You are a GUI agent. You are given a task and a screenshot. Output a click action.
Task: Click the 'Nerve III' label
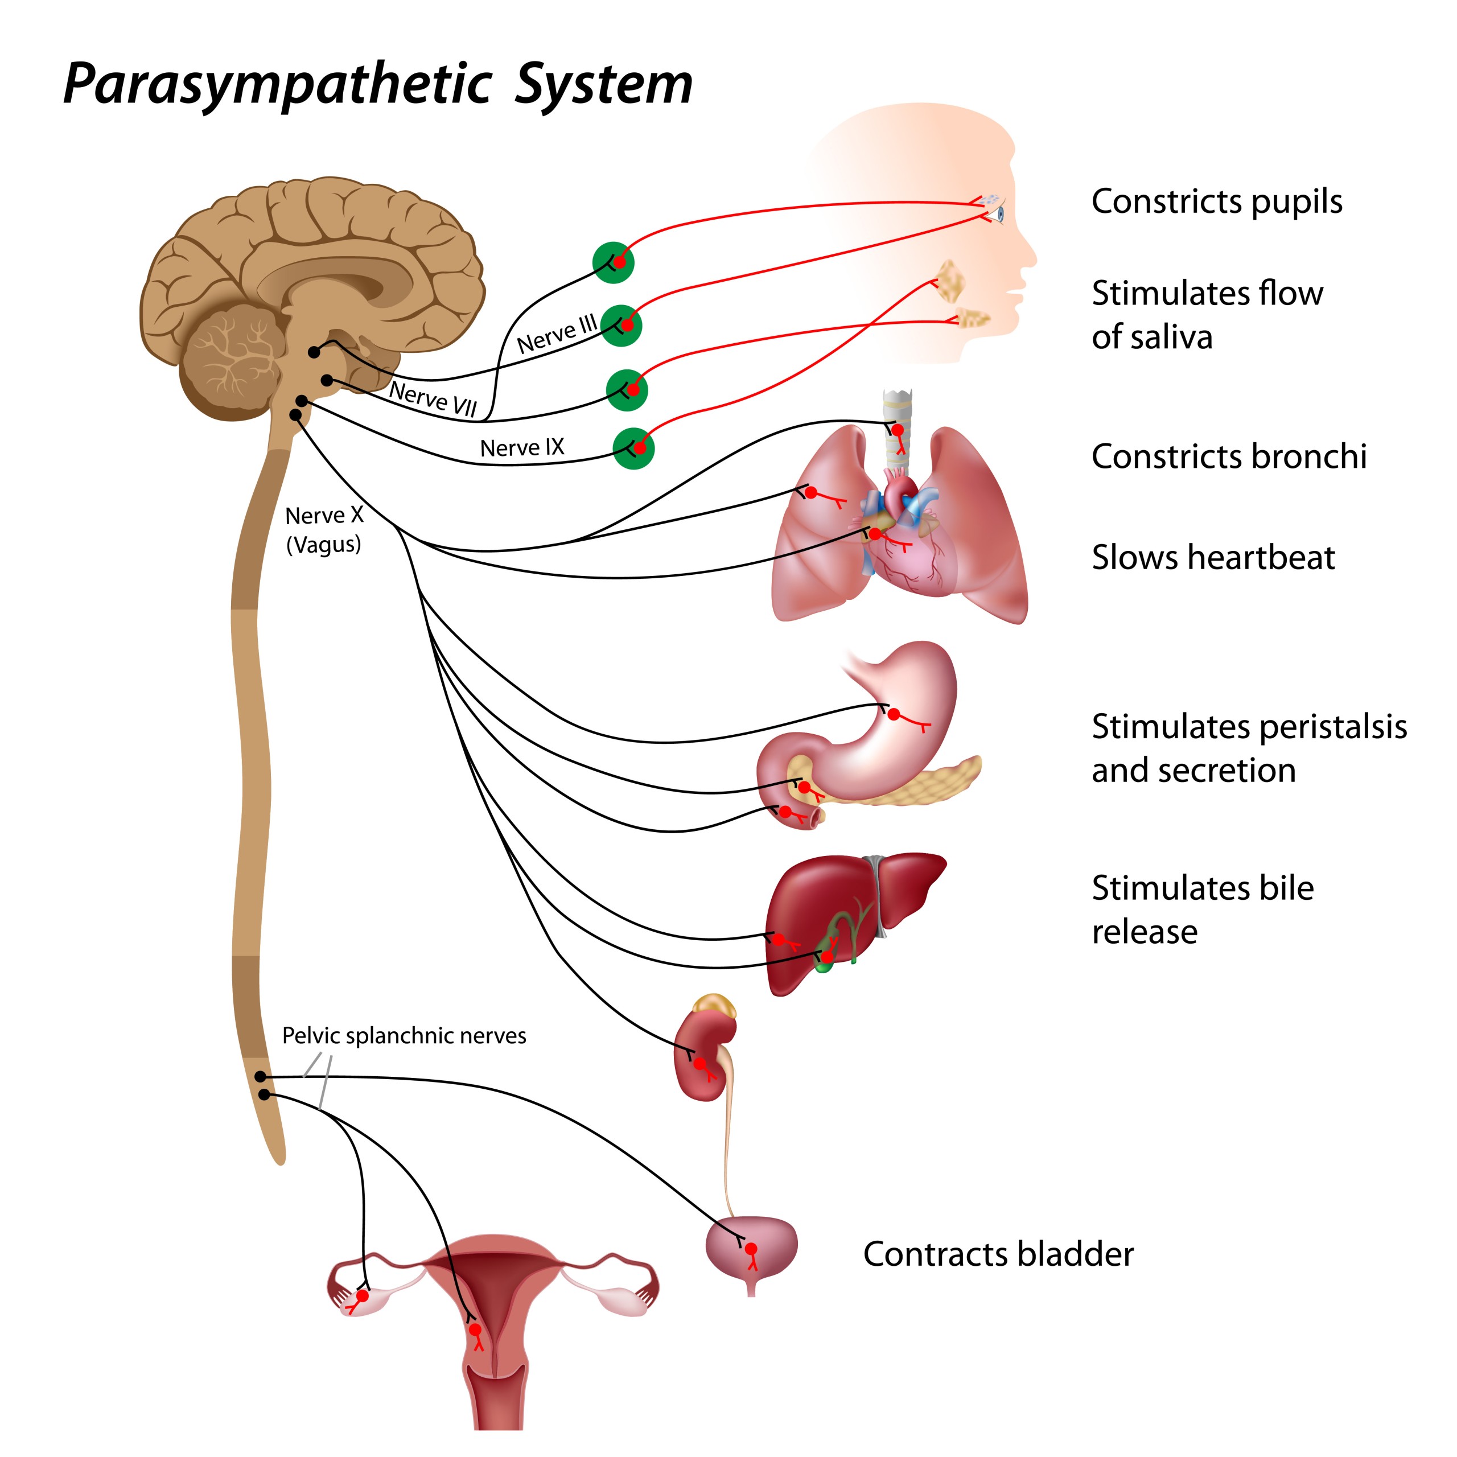pos(557,334)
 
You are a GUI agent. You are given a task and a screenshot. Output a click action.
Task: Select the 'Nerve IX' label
pos(522,448)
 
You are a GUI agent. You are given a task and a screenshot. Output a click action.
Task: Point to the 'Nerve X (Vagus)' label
pos(324,529)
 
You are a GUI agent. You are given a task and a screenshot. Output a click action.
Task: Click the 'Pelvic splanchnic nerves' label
pos(404,1035)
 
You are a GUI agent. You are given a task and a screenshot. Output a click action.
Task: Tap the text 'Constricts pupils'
pos(1216,201)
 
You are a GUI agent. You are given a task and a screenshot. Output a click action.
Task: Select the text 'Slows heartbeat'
pos(1213,557)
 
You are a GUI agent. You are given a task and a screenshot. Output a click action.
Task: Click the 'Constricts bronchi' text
pos(1229,456)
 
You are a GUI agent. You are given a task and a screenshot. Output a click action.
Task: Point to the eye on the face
pos(1000,214)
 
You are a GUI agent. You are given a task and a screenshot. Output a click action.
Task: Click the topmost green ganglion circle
pos(613,262)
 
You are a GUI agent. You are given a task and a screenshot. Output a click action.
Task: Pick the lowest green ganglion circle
pos(633,448)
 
